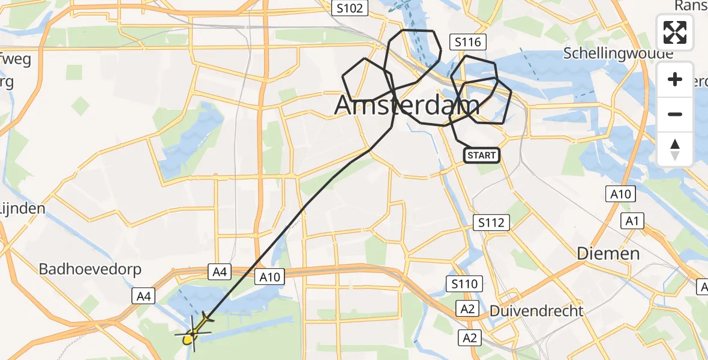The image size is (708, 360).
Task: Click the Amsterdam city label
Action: click(x=407, y=106)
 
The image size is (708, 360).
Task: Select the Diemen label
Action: click(x=608, y=253)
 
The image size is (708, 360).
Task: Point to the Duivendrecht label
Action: click(x=536, y=311)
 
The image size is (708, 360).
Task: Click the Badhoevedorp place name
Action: click(x=90, y=269)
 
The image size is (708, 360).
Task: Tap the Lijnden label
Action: click(x=23, y=209)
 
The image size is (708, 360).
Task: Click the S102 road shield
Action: click(x=348, y=8)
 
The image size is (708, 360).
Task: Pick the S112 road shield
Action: click(x=491, y=223)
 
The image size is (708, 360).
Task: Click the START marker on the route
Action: click(x=481, y=155)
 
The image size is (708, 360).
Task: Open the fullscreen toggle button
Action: click(x=675, y=32)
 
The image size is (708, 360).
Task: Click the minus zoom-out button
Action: click(x=675, y=114)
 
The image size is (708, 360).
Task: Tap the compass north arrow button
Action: click(x=675, y=149)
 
